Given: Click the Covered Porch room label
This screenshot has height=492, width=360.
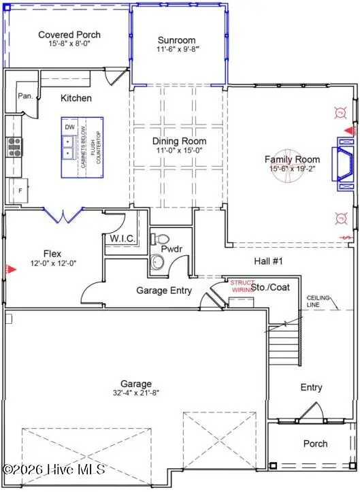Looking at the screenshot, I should [x=69, y=35].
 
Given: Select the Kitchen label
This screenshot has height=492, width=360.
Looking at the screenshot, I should [x=76, y=98].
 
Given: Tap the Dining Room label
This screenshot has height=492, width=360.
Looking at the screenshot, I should [x=178, y=142].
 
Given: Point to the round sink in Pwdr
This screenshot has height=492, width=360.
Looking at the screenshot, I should [x=160, y=261].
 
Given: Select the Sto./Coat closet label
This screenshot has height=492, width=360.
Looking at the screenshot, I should [x=270, y=287].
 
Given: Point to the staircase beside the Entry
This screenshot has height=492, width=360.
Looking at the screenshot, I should [x=284, y=344].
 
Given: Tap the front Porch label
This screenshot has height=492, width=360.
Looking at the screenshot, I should [x=314, y=444].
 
